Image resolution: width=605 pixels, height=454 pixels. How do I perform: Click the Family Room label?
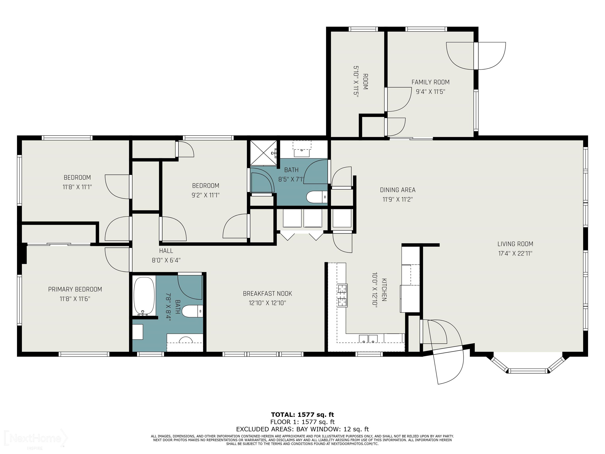(x=430, y=82)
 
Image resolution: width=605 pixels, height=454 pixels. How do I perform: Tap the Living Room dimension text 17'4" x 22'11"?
(x=515, y=253)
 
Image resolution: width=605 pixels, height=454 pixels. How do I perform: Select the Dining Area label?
(x=397, y=190)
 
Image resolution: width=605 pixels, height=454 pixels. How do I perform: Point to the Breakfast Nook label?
(x=267, y=294)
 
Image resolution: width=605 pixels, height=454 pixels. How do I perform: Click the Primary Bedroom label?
(x=75, y=289)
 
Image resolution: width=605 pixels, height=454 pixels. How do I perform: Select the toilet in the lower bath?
(x=192, y=311)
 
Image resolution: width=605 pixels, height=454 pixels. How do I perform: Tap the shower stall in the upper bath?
(x=263, y=153)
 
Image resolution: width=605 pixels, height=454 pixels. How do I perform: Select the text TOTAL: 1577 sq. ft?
(x=302, y=415)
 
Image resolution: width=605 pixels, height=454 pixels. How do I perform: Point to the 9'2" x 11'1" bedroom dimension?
(x=206, y=195)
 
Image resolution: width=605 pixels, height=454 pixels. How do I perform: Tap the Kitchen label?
(x=384, y=290)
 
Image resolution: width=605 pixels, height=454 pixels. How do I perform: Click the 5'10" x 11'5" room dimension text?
(x=356, y=82)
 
